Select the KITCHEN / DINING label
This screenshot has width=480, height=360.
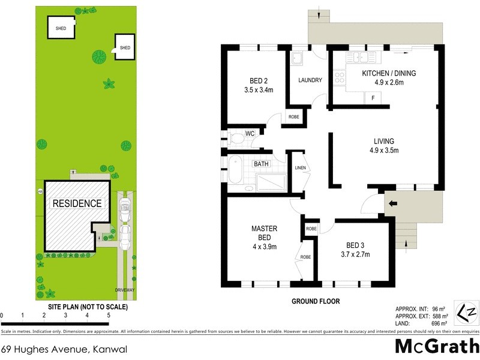[388, 78]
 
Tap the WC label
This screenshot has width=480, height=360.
[250, 133]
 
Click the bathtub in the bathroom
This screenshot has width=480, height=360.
[234, 170]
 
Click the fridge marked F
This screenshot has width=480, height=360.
[373, 98]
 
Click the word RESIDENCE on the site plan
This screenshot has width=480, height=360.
[77, 203]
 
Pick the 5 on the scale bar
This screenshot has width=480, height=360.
[109, 315]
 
